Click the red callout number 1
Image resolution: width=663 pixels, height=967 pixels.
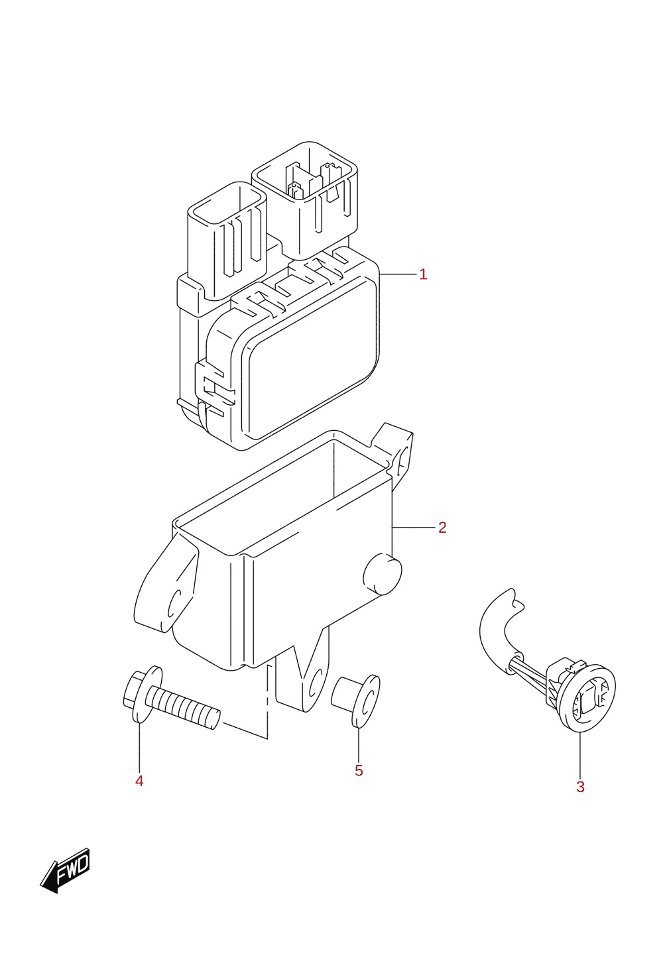click(x=423, y=274)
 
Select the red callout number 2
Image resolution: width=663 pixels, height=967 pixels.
click(x=442, y=527)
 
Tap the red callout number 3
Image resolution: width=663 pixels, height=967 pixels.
click(x=581, y=787)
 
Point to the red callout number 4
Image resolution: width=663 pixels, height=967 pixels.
click(x=139, y=781)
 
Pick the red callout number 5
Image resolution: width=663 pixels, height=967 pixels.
click(x=359, y=771)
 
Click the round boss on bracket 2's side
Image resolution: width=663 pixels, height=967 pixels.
click(x=383, y=574)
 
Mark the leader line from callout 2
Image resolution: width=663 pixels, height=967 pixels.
click(x=413, y=528)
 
